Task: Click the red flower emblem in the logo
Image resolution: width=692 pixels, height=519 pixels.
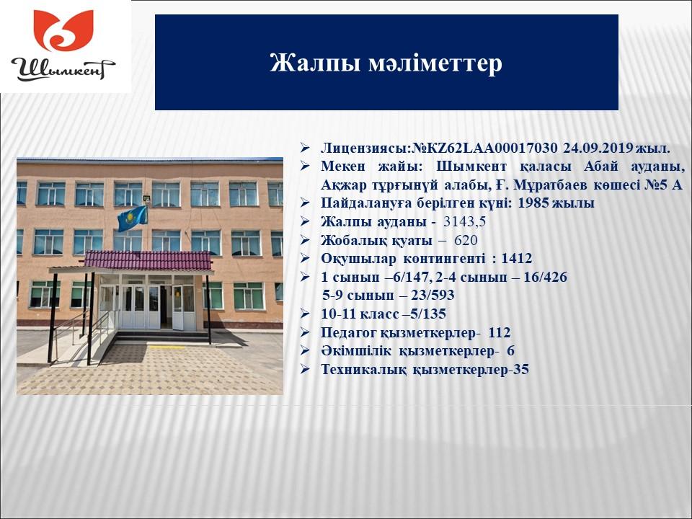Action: point(63,30)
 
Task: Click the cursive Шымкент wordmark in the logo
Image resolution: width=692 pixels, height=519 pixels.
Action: point(63,69)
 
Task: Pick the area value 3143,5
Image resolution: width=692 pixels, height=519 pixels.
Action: point(464,221)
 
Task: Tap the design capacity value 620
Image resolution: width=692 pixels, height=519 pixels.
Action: point(466,241)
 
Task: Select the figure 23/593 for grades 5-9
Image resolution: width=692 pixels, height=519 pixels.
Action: point(432,296)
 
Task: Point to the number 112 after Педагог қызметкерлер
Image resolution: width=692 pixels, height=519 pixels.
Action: point(499,332)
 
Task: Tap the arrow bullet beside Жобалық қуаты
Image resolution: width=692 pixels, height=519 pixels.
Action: point(305,240)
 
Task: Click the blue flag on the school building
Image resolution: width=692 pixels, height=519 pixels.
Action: point(133,218)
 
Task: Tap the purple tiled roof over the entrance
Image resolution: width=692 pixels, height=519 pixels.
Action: point(148,260)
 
